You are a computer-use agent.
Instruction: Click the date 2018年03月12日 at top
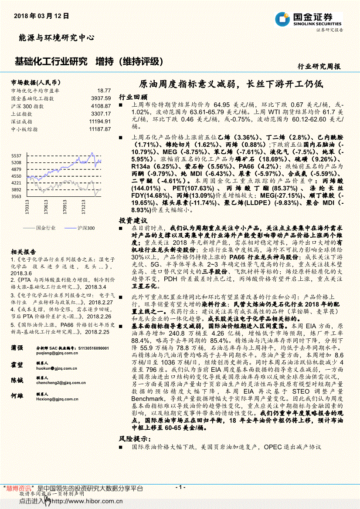tap(41, 16)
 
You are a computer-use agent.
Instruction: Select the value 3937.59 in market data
tap(101, 98)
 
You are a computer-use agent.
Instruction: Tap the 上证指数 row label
tap(21, 114)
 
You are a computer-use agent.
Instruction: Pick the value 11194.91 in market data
tap(100, 121)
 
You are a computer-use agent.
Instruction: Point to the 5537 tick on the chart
tap(17, 155)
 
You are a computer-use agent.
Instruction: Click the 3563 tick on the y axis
tap(17, 197)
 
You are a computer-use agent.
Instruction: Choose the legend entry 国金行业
tap(46, 228)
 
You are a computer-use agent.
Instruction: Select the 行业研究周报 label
tap(319, 67)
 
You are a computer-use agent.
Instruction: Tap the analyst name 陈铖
tap(17, 380)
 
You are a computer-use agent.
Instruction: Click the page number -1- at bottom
tap(180, 487)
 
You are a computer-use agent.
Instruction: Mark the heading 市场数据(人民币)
tap(36, 82)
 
